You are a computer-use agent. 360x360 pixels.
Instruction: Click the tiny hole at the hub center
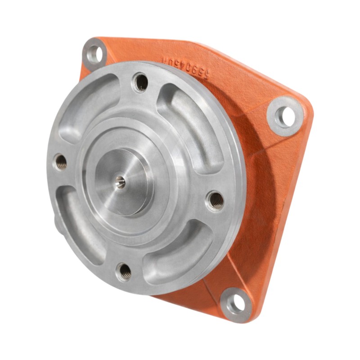click(x=120, y=181)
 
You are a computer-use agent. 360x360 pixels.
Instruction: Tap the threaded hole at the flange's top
click(x=141, y=82)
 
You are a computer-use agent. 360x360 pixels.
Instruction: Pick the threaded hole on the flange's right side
click(x=216, y=200)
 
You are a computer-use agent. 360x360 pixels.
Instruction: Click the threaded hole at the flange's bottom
click(x=124, y=271)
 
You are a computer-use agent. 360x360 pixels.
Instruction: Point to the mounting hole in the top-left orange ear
click(x=95, y=54)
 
